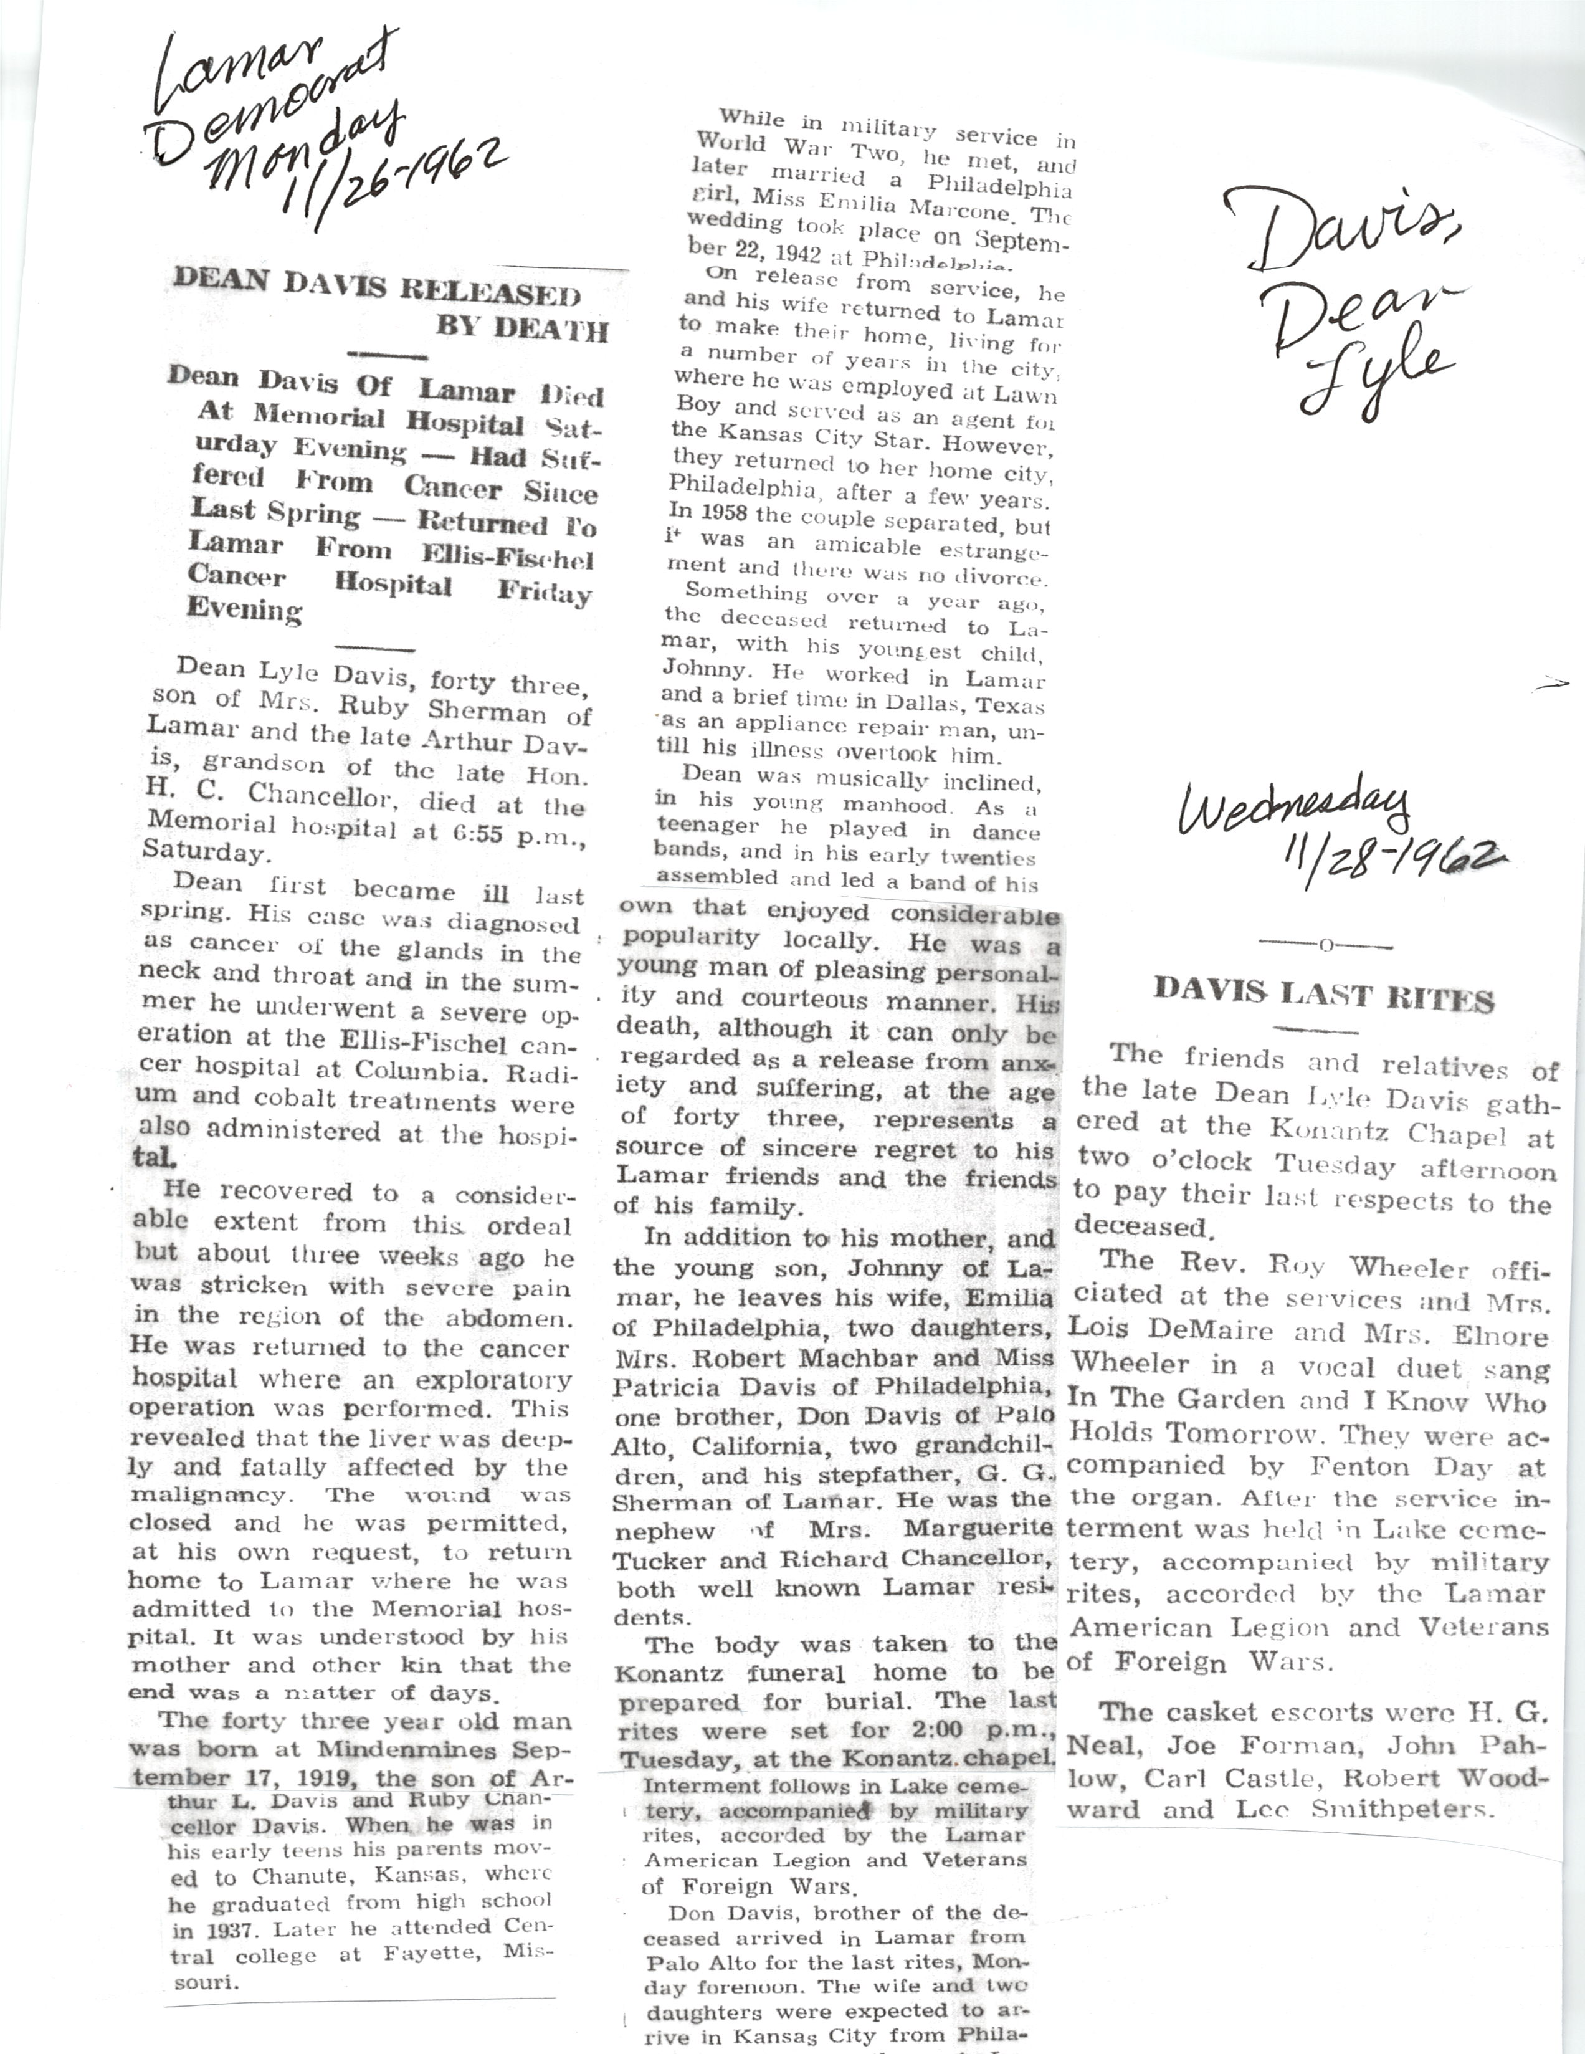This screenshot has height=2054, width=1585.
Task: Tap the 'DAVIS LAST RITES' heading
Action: click(1324, 995)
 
